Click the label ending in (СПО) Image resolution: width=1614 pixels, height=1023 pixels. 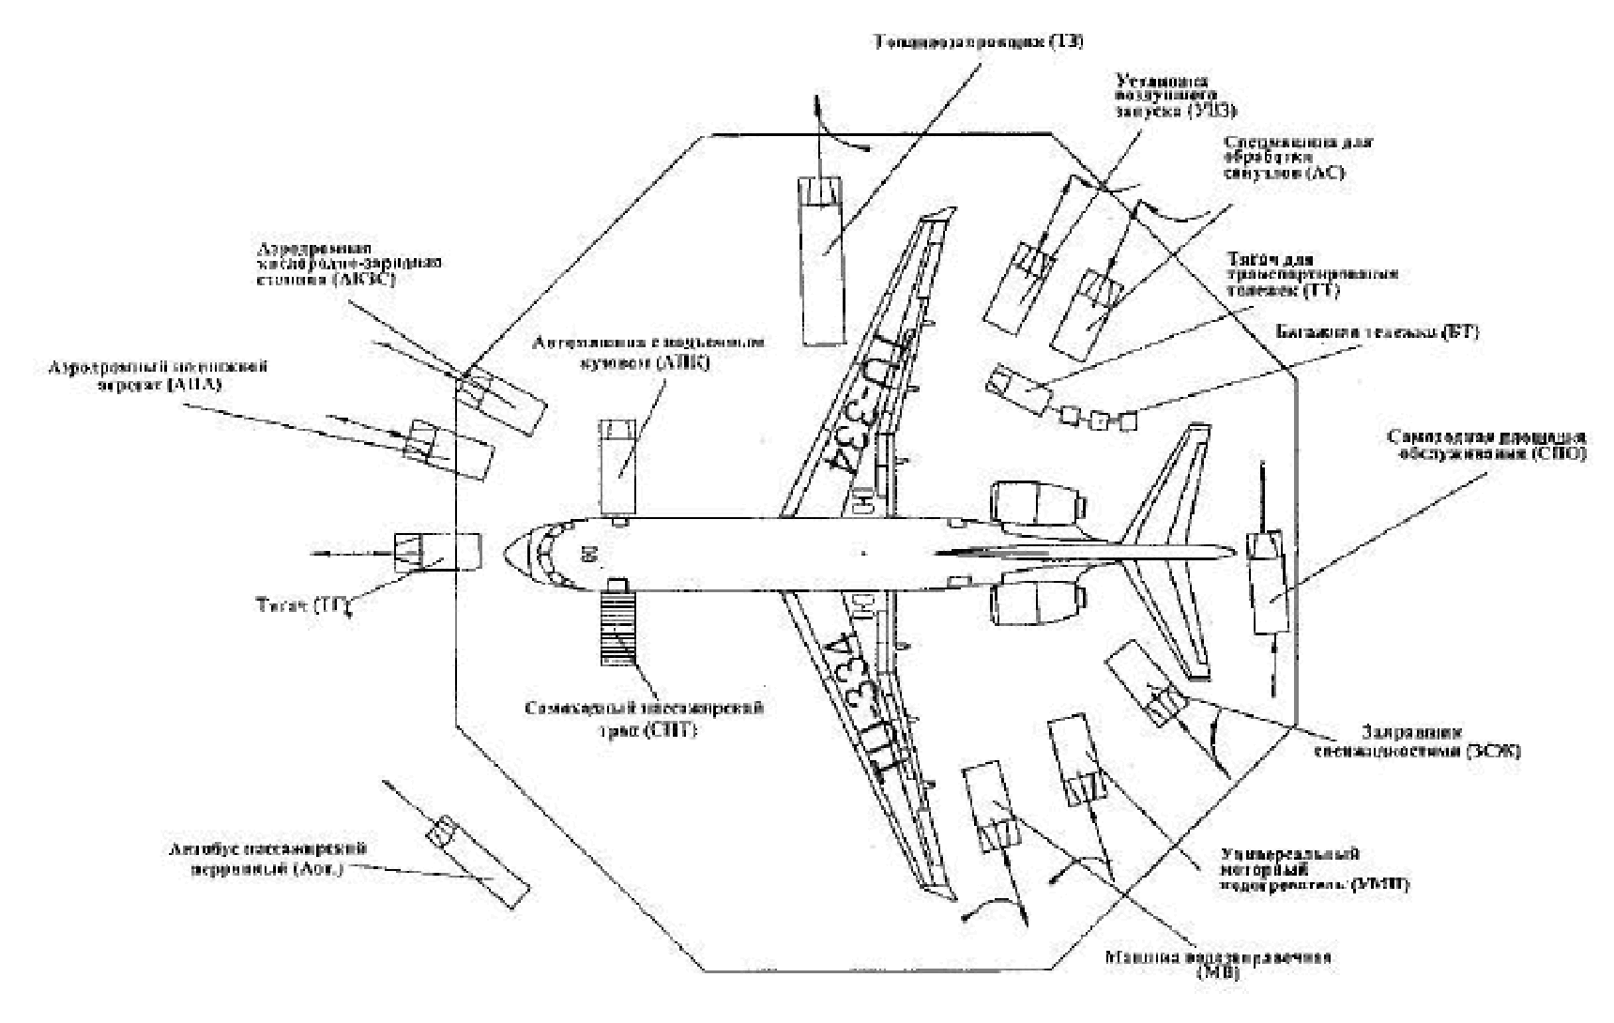pos(1485,446)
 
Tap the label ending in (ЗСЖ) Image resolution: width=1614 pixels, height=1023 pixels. pos(1440,741)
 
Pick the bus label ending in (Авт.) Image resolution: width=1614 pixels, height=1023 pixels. pos(267,859)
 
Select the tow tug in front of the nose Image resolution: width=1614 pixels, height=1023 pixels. pos(437,552)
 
